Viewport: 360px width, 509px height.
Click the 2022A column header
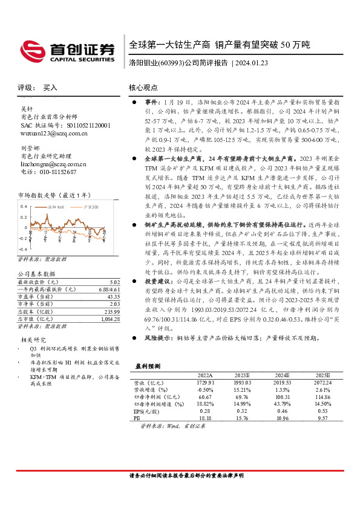point(205,374)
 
